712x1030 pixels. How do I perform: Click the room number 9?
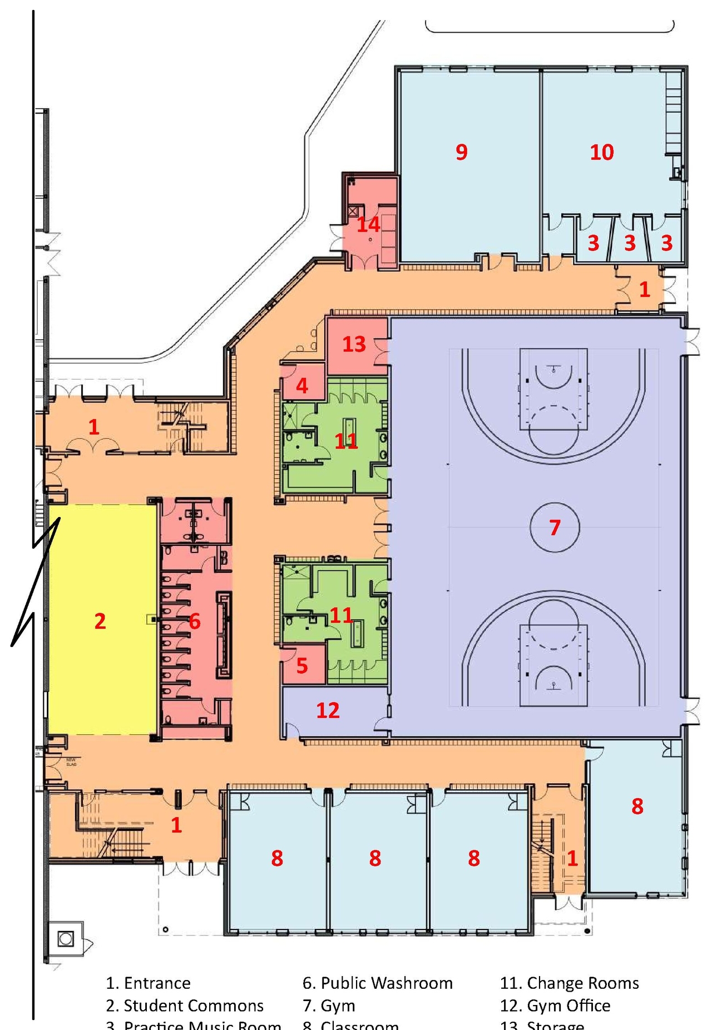click(461, 152)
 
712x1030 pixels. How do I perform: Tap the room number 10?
click(601, 152)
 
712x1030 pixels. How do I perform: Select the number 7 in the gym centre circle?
click(555, 527)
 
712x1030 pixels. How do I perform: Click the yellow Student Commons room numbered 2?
click(100, 621)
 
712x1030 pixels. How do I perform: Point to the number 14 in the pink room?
click(368, 225)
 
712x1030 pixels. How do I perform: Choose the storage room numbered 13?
click(354, 344)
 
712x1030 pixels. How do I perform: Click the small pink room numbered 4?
click(302, 385)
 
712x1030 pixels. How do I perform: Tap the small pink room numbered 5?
click(302, 665)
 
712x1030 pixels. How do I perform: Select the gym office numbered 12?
click(328, 710)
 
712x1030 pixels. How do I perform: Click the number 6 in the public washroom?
click(194, 621)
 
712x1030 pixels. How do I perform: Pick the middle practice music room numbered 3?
click(630, 243)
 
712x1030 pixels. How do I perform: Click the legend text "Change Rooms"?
click(582, 983)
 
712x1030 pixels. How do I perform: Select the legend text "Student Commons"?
click(193, 1005)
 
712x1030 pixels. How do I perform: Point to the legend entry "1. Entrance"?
click(148, 983)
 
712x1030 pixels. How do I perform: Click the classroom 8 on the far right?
click(637, 806)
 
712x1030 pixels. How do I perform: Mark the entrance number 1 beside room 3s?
click(644, 289)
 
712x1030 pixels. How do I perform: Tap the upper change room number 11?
click(345, 441)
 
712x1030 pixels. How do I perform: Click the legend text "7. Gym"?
click(329, 1005)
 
